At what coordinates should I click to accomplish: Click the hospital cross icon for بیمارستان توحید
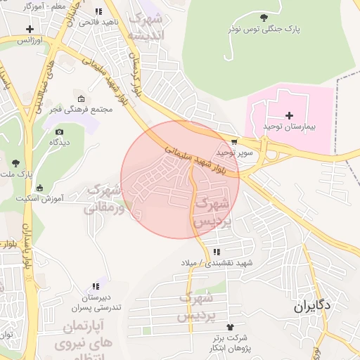tap(289, 115)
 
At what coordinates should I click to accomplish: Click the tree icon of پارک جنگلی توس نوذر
tap(264, 18)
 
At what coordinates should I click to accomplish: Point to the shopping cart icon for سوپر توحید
tap(234, 141)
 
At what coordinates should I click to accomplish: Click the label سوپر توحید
tap(233, 152)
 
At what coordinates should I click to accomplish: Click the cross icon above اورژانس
tap(30, 30)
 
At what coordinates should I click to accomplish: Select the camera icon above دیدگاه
tap(59, 131)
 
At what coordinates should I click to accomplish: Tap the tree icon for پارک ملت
tap(15, 163)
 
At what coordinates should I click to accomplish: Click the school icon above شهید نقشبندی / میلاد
tap(217, 252)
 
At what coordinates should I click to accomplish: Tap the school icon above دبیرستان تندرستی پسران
tap(96, 286)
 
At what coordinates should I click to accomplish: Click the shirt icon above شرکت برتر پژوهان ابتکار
tap(230, 327)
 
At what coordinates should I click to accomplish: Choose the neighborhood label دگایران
tap(313, 307)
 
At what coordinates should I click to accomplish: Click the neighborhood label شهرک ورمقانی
tap(103, 199)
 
